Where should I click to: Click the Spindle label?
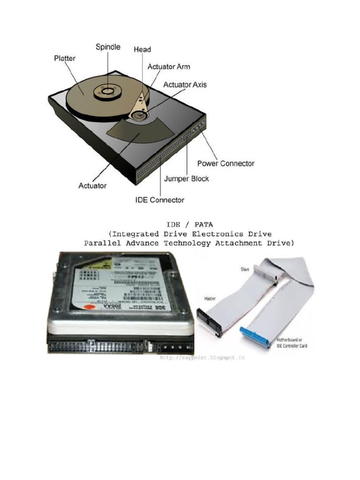tap(108, 47)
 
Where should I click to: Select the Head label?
tap(142, 49)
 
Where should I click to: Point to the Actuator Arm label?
tap(169, 67)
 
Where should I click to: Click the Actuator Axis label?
tap(185, 85)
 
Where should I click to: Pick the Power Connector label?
tap(225, 164)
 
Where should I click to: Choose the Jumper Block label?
tap(186, 179)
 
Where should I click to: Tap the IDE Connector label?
tap(160, 200)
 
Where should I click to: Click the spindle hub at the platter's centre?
tap(108, 90)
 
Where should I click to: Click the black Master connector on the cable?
tap(209, 322)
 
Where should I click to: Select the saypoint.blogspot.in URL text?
tap(202, 357)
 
